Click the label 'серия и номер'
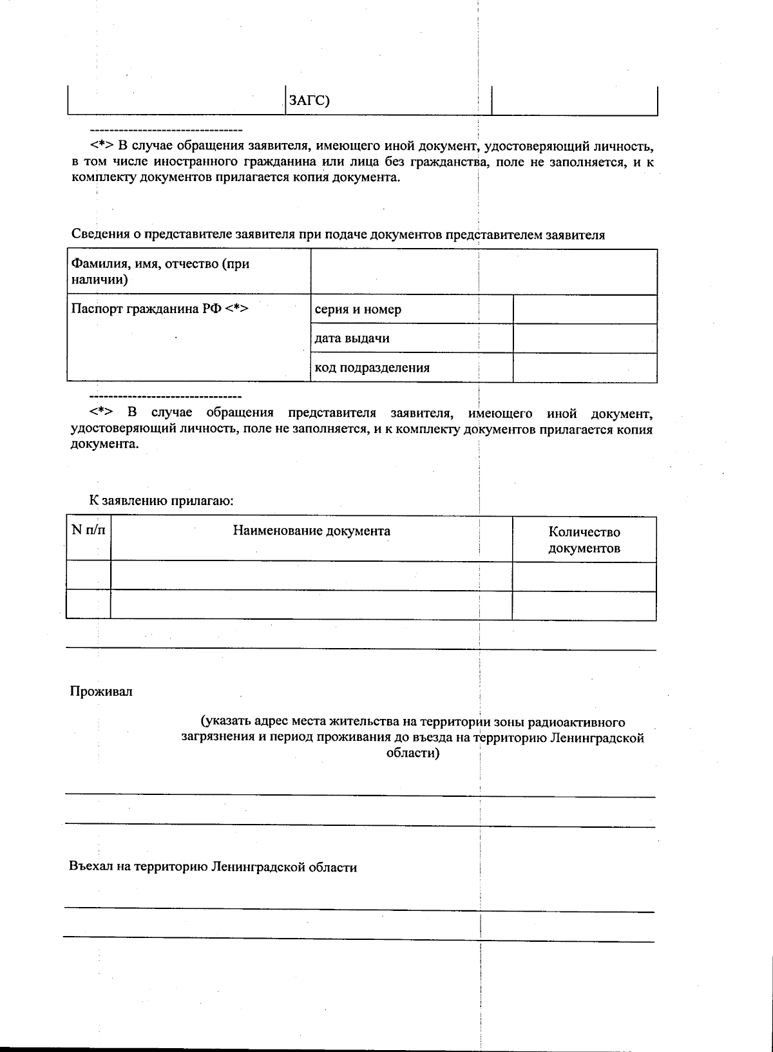click(x=358, y=309)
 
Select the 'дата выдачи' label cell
click(x=352, y=338)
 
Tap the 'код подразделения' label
click(x=372, y=368)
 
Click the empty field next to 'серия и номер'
click(x=584, y=309)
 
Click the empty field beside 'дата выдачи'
click(x=584, y=338)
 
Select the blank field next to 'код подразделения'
click(x=584, y=368)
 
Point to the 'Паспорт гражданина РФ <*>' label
click(x=160, y=308)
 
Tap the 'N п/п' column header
click(x=88, y=530)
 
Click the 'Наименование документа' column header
click(x=311, y=531)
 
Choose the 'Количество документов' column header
click(x=584, y=540)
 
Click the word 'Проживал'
click(x=101, y=691)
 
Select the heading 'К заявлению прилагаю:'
click(x=161, y=500)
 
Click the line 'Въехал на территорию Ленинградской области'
click(x=213, y=867)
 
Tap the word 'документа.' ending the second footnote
click(x=104, y=445)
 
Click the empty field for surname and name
click(x=483, y=271)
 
